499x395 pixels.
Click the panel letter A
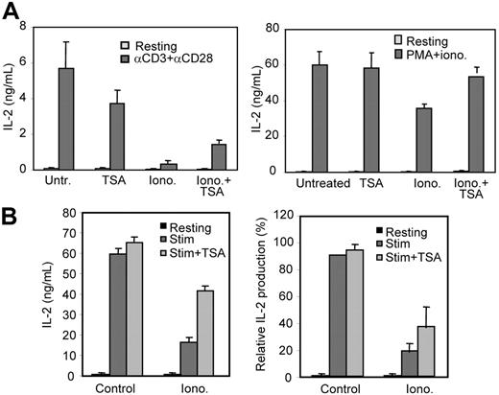click(12, 12)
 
